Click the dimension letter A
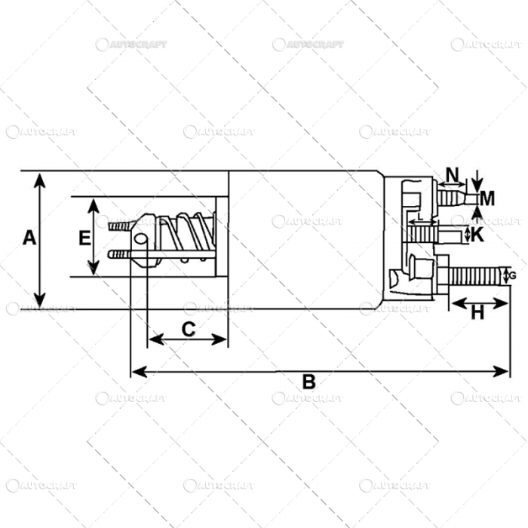(x=29, y=238)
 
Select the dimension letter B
(x=309, y=382)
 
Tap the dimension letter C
(x=189, y=329)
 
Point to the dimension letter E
(x=84, y=238)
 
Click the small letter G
(x=513, y=276)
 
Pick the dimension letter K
(x=477, y=235)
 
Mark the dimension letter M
(x=487, y=199)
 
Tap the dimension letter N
(x=452, y=175)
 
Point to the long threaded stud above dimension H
(x=475, y=275)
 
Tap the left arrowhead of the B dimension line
(x=135, y=371)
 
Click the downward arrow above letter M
(x=477, y=184)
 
